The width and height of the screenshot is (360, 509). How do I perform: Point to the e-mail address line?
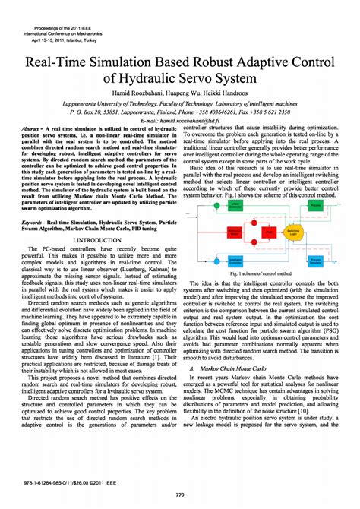click(180, 120)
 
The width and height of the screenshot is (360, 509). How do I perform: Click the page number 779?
click(180, 495)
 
